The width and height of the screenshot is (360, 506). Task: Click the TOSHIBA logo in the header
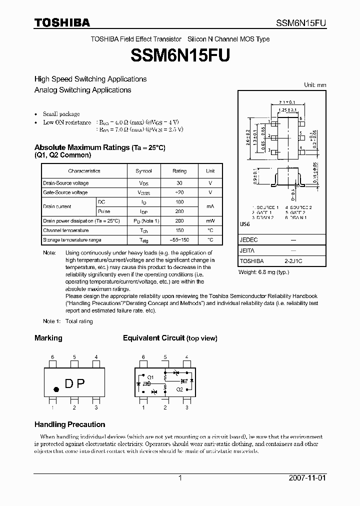62,22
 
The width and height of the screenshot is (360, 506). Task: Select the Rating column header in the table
179,171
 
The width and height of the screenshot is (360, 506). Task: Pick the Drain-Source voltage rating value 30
179,183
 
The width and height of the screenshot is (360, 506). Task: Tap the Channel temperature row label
65,230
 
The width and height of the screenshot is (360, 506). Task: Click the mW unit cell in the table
210,221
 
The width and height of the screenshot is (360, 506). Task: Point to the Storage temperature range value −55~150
179,240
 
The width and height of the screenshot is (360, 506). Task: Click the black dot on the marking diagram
56,388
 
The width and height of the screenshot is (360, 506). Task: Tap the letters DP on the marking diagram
75,383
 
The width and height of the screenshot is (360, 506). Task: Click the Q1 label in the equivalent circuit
150,376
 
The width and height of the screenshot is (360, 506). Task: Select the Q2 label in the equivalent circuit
179,388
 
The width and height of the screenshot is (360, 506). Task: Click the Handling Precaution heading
69,424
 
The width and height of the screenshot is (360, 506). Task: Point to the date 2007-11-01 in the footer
307,478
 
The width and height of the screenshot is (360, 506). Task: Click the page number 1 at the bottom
180,478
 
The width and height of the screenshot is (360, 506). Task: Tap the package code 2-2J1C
293,261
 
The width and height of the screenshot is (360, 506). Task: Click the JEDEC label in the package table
248,240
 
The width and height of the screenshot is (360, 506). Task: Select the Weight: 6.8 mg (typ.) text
263,272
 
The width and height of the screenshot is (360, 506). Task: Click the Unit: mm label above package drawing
315,85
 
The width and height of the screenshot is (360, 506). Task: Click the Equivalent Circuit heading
170,338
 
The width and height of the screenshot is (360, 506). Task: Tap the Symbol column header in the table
144,171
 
